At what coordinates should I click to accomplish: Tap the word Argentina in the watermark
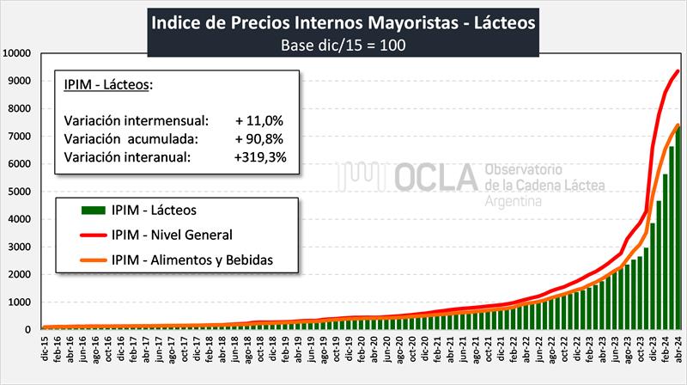(514, 201)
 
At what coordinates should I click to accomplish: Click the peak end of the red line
(678, 70)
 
